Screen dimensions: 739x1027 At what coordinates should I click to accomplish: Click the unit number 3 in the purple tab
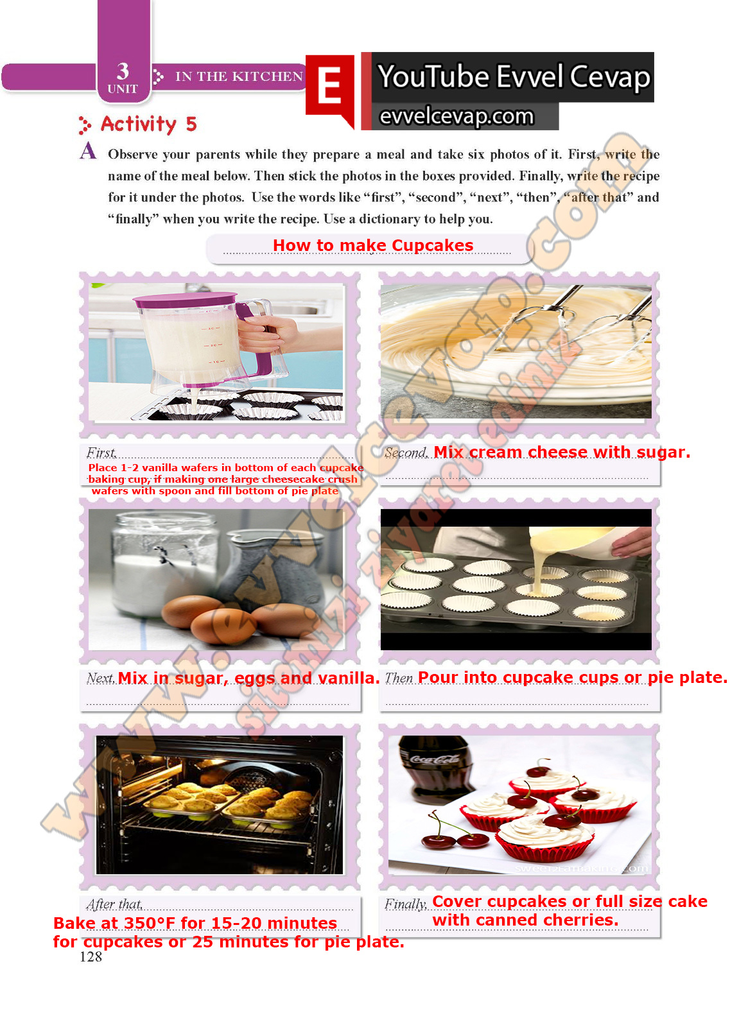pyautogui.click(x=123, y=71)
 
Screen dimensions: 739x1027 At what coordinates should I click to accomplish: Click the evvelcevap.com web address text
pyautogui.click(x=456, y=116)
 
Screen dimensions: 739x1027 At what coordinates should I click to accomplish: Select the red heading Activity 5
pyautogui.click(x=148, y=125)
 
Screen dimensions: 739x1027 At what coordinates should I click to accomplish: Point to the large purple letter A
pyautogui.click(x=88, y=150)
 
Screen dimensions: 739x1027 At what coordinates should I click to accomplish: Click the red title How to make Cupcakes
pyautogui.click(x=372, y=245)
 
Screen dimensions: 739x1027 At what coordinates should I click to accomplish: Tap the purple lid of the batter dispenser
pyautogui.click(x=184, y=299)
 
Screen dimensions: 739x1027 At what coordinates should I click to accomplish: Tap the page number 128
pyautogui.click(x=91, y=956)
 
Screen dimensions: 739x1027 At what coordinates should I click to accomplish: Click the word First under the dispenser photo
pyautogui.click(x=101, y=453)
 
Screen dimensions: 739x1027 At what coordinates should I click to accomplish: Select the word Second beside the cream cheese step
pyautogui.click(x=406, y=453)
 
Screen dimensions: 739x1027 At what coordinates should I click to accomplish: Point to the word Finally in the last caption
pyautogui.click(x=406, y=904)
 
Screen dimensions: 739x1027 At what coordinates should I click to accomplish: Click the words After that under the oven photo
pyautogui.click(x=115, y=904)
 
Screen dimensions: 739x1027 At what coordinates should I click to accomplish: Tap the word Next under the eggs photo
pyautogui.click(x=100, y=678)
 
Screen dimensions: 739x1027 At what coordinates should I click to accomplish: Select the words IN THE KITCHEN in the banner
pyautogui.click(x=239, y=76)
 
